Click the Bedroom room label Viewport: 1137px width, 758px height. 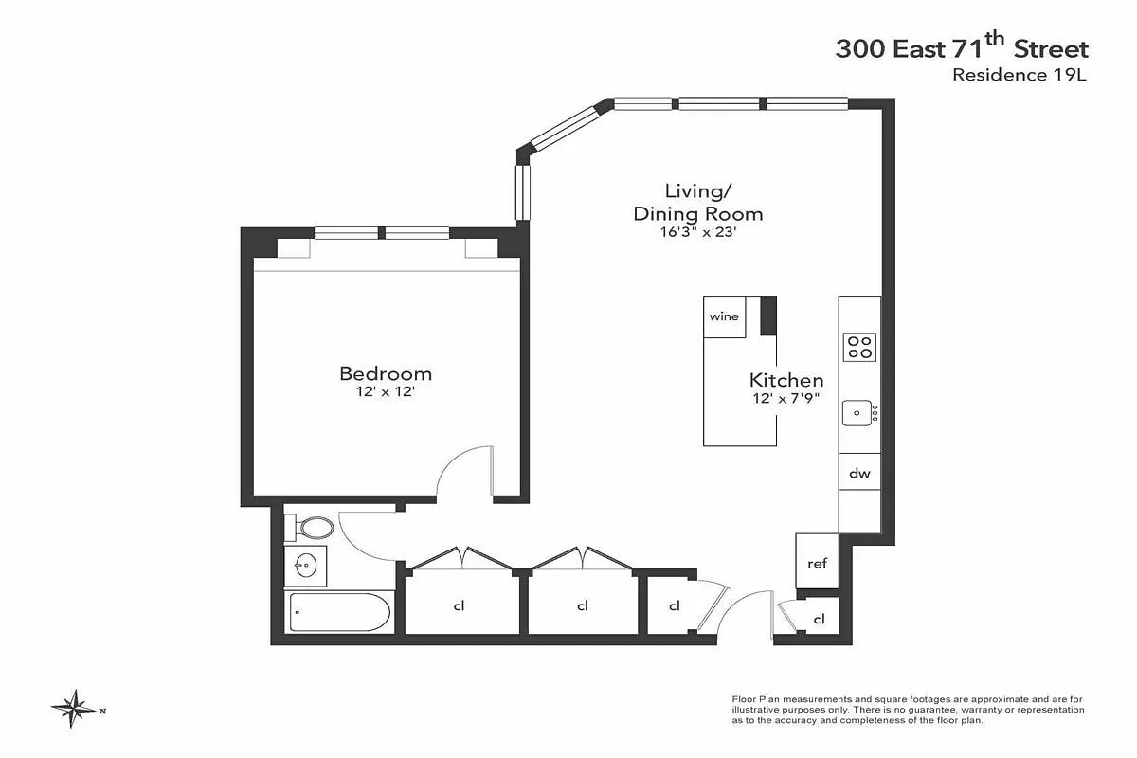click(386, 374)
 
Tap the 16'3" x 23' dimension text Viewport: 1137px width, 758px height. click(698, 232)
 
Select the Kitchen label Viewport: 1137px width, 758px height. click(786, 380)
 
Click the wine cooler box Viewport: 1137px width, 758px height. click(724, 316)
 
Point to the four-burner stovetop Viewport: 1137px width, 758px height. click(859, 347)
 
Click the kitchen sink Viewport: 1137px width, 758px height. click(857, 413)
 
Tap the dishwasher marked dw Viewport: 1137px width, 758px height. click(859, 472)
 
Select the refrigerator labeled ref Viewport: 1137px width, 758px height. click(817, 562)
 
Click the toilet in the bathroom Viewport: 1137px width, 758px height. click(309, 528)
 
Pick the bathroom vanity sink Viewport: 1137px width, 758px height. click(305, 566)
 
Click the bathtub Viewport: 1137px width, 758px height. click(339, 612)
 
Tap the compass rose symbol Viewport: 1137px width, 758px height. click(75, 709)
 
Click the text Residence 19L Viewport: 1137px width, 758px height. click(1020, 75)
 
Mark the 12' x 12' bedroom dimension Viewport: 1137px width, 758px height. click(386, 392)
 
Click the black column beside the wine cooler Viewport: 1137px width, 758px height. click(768, 316)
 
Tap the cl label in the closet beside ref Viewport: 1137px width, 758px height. click(819, 619)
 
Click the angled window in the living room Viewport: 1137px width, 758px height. click(565, 129)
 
